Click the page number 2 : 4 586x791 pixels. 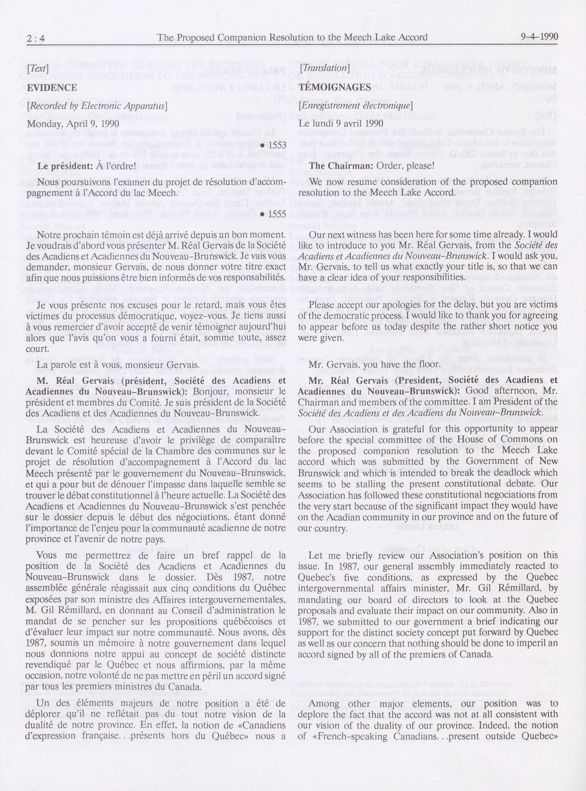(x=36, y=38)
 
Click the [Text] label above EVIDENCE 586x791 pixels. (x=38, y=69)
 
